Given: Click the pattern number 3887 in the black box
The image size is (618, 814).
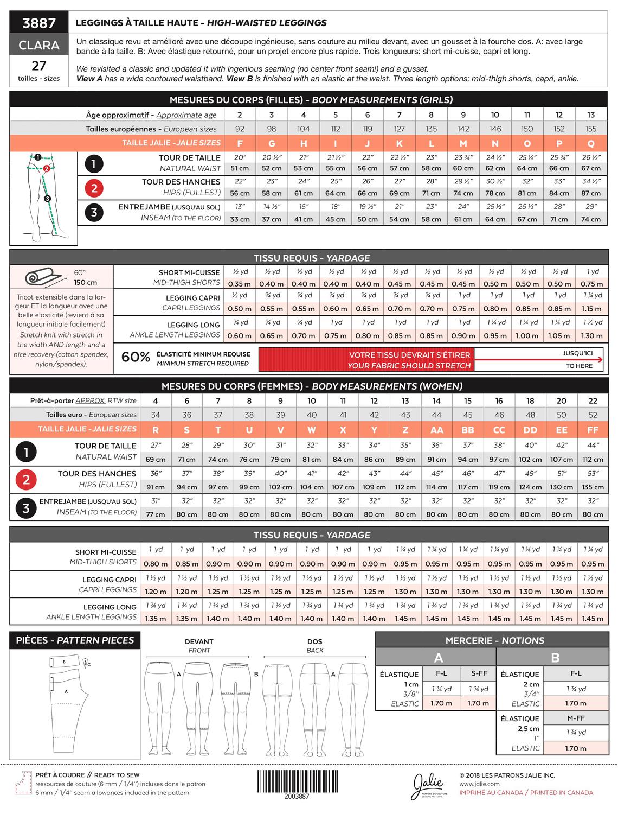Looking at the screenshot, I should (39, 23).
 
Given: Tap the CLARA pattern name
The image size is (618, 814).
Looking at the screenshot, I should (39, 45).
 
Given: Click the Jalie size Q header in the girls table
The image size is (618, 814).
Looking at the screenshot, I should (591, 143).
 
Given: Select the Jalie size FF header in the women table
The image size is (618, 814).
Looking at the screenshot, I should (593, 429).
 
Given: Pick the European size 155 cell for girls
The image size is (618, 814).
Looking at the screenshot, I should (591, 129).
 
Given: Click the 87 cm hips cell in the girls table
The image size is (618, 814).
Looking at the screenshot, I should (591, 193).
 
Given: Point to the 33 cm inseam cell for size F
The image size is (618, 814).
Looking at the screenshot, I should (240, 219).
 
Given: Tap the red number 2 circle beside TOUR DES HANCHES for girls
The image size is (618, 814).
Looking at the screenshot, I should (94, 188).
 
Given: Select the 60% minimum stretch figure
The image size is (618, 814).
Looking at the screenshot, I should (136, 357).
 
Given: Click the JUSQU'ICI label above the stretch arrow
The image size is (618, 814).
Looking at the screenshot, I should (577, 353).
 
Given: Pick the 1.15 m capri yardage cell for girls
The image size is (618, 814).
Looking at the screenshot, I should (591, 309).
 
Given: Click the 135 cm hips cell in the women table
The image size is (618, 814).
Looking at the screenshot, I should (593, 487).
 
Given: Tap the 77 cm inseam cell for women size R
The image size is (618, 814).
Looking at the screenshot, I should (156, 514).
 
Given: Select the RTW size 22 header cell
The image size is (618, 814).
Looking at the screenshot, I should (593, 401).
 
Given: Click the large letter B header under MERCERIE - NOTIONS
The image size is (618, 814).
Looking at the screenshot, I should (555, 658).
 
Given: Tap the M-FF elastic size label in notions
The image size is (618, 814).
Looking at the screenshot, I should (576, 718).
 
